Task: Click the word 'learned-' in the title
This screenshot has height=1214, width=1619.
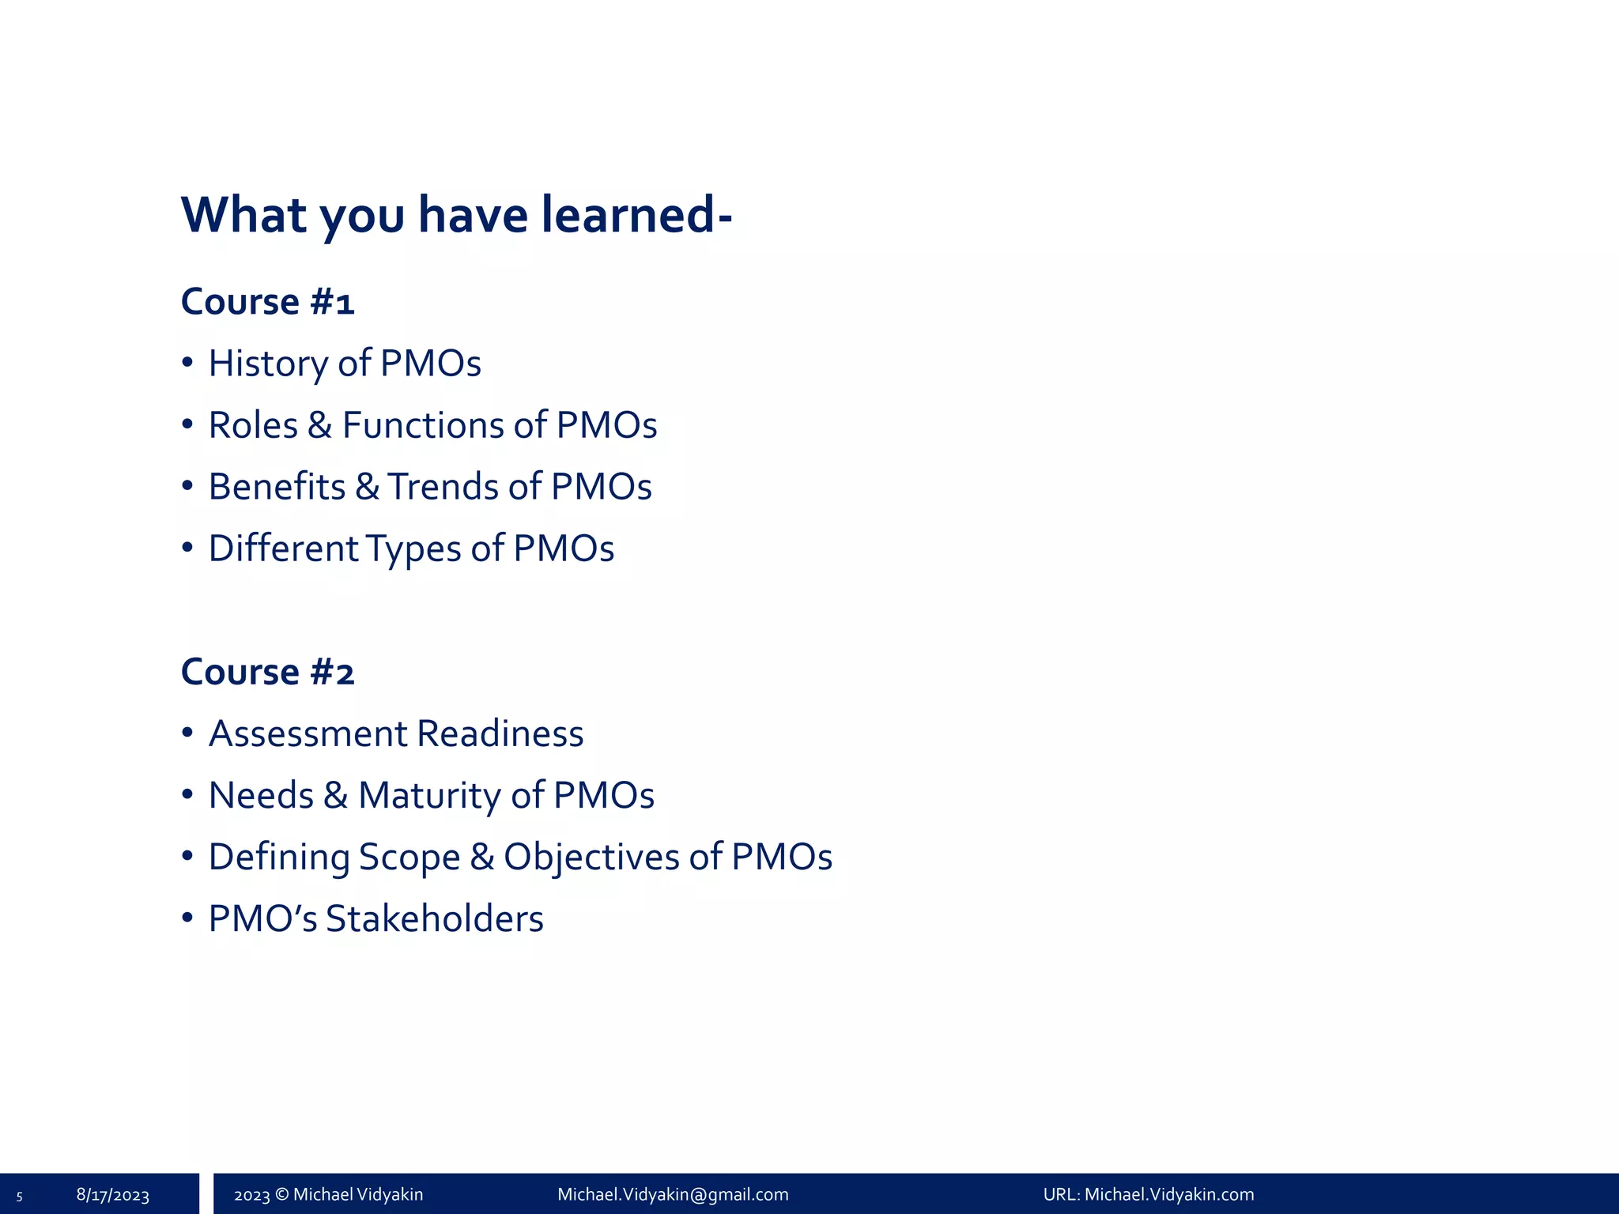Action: tap(636, 215)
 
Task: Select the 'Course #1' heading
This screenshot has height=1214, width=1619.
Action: tap(267, 302)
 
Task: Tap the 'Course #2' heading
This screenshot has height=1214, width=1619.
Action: tap(267, 673)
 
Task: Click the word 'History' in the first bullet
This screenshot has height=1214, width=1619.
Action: tap(268, 364)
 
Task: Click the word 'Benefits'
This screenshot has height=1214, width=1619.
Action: tap(277, 487)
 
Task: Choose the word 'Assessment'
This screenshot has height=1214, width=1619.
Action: tap(308, 733)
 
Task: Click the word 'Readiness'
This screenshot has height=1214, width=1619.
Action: tap(500, 733)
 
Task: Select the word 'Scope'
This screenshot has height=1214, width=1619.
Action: tap(409, 858)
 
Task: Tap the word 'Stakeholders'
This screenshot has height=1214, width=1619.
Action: tap(434, 919)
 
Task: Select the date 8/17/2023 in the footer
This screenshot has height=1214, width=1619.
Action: tap(112, 1195)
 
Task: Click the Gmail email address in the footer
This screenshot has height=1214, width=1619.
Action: tap(673, 1195)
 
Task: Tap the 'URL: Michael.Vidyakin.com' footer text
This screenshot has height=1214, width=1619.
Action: tap(1148, 1195)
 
